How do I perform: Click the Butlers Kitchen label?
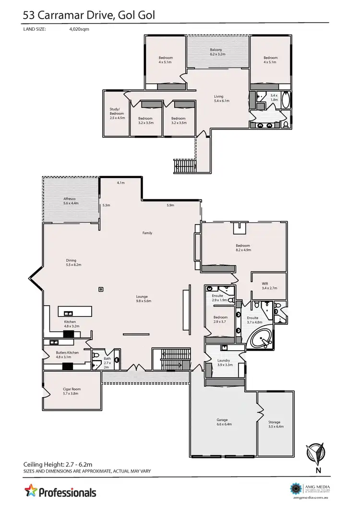click(x=67, y=354)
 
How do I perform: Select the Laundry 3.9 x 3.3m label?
click(x=223, y=362)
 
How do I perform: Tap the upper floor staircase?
click(x=185, y=166)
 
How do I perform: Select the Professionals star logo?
click(x=31, y=492)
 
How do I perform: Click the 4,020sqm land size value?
click(x=79, y=29)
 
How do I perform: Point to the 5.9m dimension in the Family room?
click(x=170, y=205)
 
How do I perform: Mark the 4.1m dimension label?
click(x=120, y=183)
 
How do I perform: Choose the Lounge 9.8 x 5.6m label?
click(x=144, y=298)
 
